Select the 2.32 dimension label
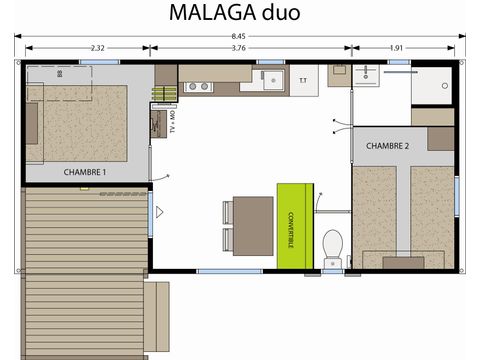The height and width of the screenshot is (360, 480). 98,47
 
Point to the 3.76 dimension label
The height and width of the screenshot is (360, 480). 239,47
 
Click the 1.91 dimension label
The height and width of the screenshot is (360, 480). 396,47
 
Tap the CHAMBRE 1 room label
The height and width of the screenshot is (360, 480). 85,171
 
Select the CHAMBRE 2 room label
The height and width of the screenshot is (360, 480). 387,146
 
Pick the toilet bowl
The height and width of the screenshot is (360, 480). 333,246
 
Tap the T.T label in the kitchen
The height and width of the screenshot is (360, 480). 303,80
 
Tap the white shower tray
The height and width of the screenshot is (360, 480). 432,86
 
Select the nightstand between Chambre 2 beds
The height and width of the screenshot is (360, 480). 404,262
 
